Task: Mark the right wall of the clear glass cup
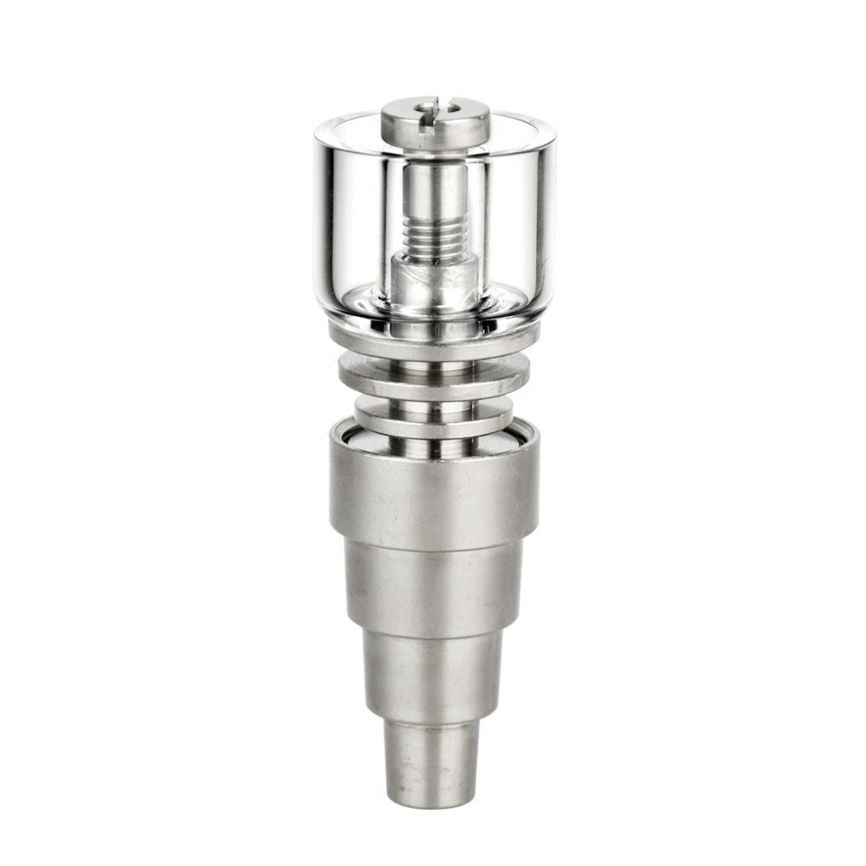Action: [543, 216]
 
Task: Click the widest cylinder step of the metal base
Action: [433, 494]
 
